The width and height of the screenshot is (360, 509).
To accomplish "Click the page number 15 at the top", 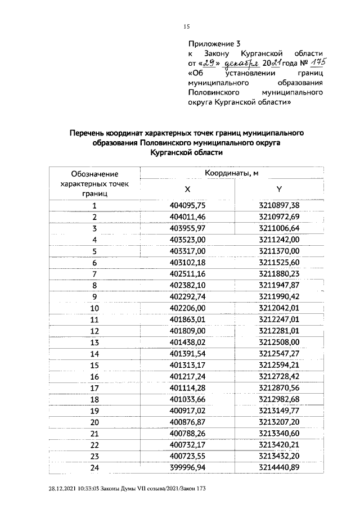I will pyautogui.click(x=187, y=26).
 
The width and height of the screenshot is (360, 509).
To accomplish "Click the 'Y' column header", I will pyautogui.click(x=279, y=190).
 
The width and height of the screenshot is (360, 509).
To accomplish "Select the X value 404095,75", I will pyautogui.click(x=188, y=206).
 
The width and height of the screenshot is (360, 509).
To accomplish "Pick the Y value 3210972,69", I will pyautogui.click(x=279, y=217).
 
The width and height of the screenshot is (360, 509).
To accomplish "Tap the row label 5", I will pyautogui.click(x=94, y=251).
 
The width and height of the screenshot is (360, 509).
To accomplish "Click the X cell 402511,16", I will pyautogui.click(x=188, y=274).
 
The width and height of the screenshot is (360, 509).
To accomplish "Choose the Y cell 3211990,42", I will pyautogui.click(x=279, y=296).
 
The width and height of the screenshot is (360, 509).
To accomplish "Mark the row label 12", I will pyautogui.click(x=94, y=331).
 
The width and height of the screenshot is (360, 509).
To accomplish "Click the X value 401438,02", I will pyautogui.click(x=188, y=342).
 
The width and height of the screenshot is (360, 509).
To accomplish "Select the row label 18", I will pyautogui.click(x=94, y=399).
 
